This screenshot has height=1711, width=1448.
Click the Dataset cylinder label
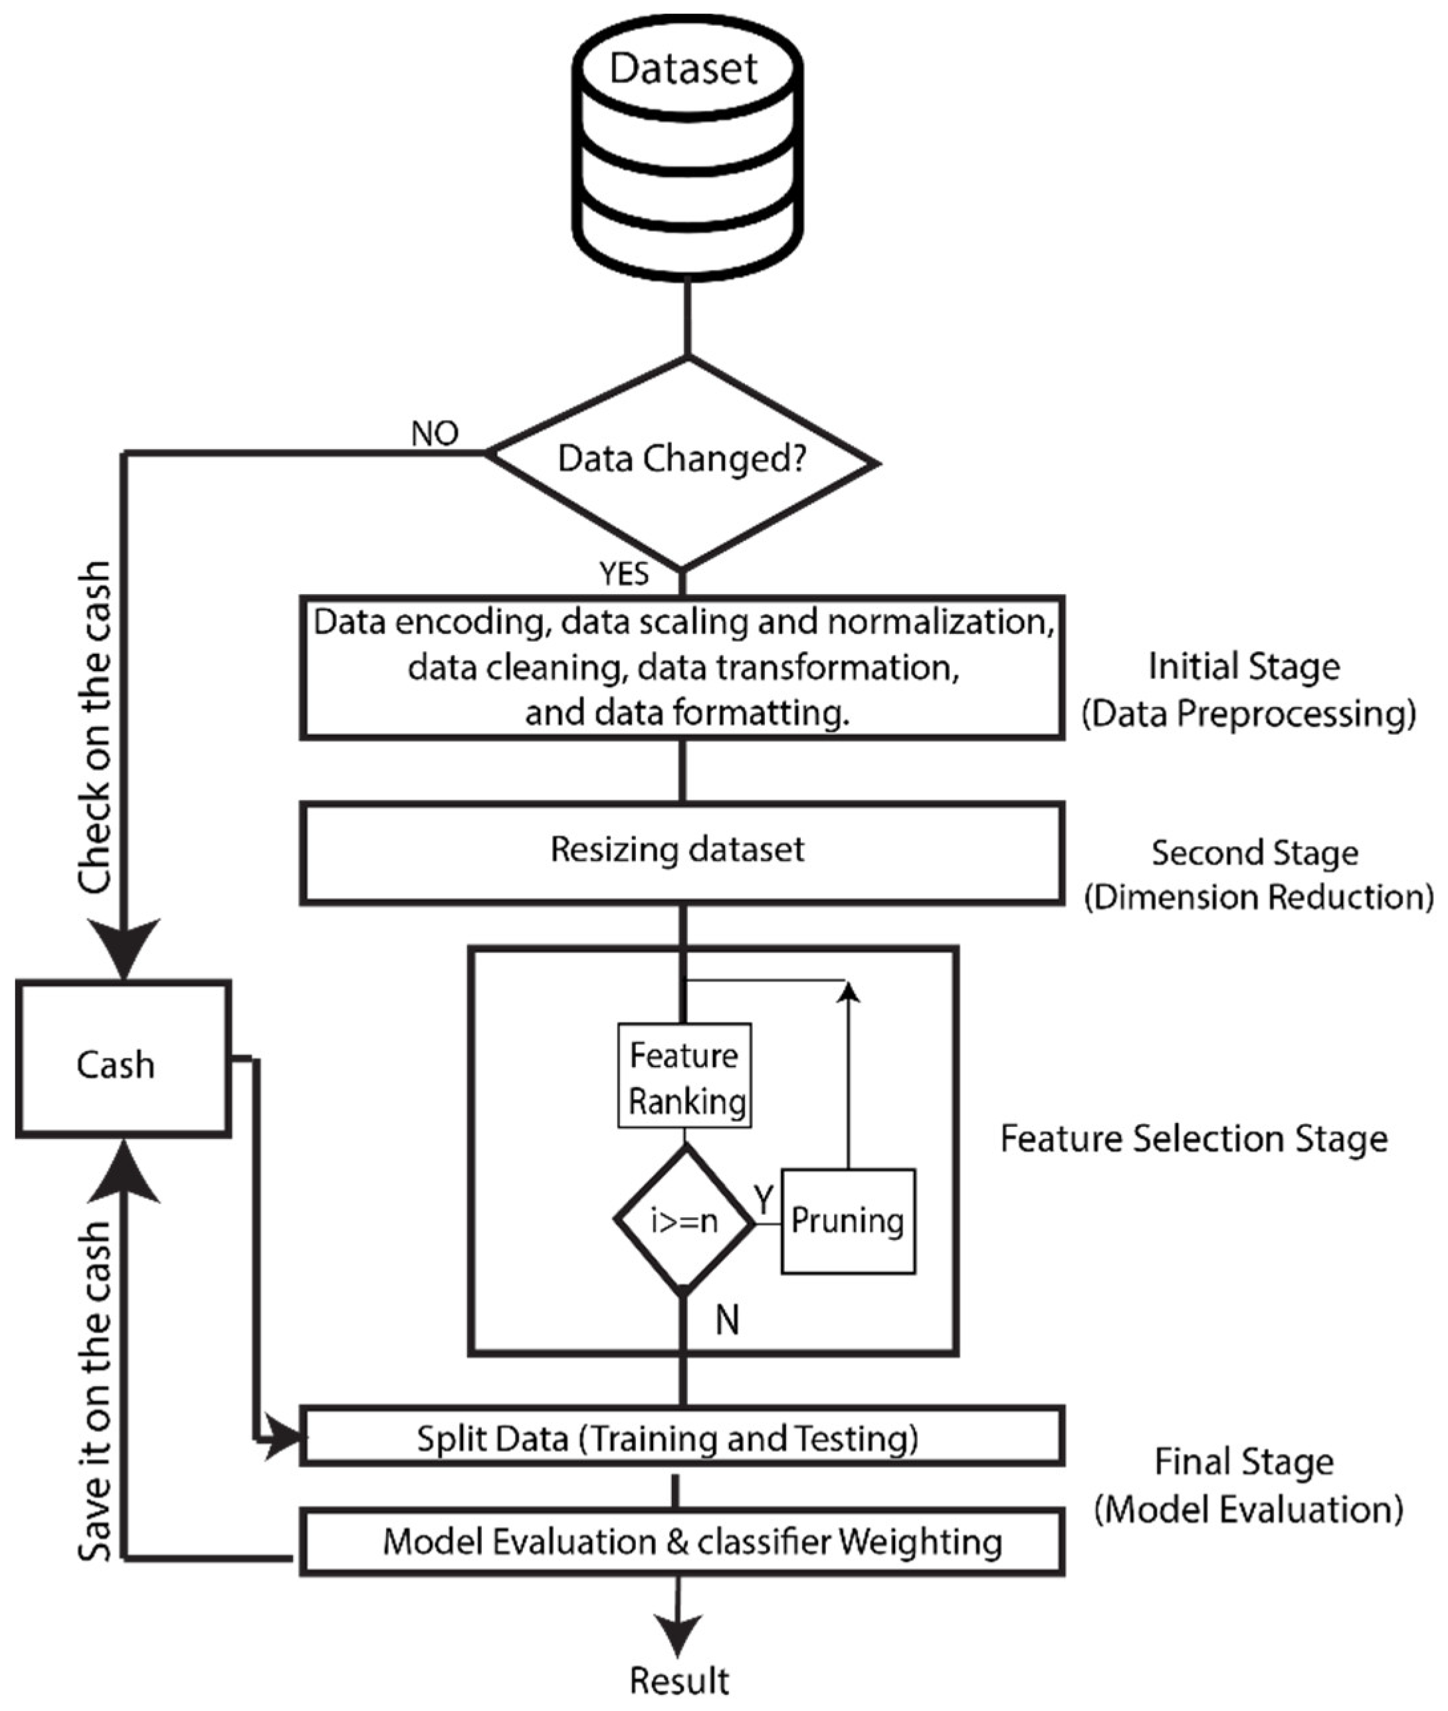coord(683,69)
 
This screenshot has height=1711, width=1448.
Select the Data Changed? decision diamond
coord(681,460)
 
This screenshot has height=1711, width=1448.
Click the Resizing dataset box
coord(681,853)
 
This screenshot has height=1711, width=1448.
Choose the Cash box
coord(123,1058)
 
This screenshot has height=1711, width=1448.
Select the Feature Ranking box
coord(684,1075)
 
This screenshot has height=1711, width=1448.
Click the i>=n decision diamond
coord(684,1221)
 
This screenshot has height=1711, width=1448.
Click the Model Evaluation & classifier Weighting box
coord(681,1542)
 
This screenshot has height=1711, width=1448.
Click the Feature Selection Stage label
coord(1193,1139)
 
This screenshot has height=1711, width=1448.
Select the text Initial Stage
coord(1243,666)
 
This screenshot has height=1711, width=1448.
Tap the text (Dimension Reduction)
coord(1259,897)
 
